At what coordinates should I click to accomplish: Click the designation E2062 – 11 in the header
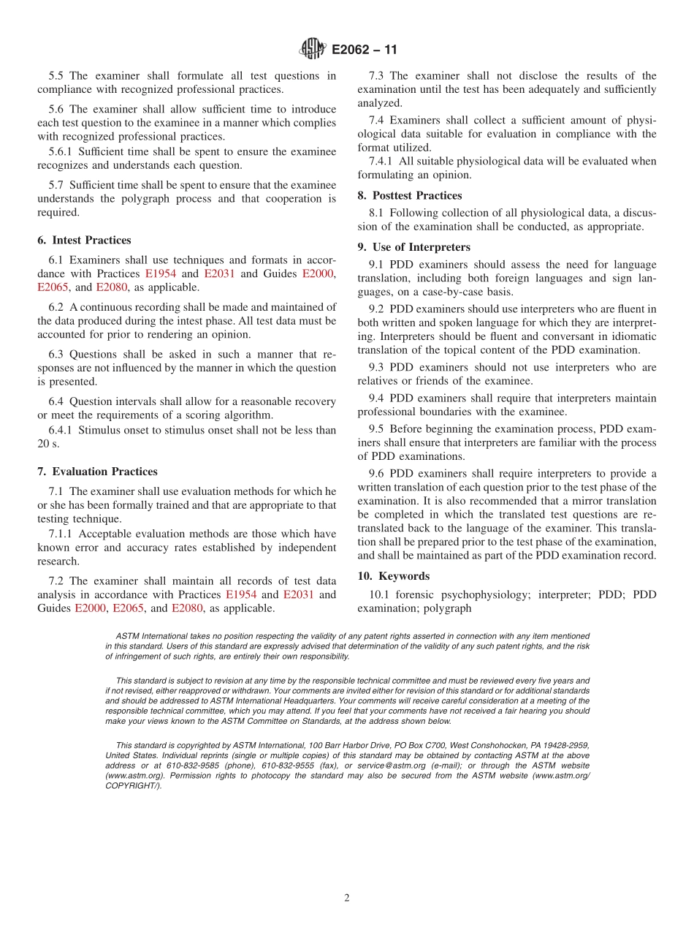coord(365,50)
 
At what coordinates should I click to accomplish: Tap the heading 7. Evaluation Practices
coord(97,472)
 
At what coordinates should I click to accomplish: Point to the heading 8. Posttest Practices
coord(409,195)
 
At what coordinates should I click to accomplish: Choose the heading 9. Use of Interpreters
coord(413,246)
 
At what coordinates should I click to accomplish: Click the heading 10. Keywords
coord(393,576)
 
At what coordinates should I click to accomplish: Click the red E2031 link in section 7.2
coord(299,594)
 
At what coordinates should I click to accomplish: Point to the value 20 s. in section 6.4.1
coord(48,444)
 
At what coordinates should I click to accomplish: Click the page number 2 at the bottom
coord(347,898)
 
